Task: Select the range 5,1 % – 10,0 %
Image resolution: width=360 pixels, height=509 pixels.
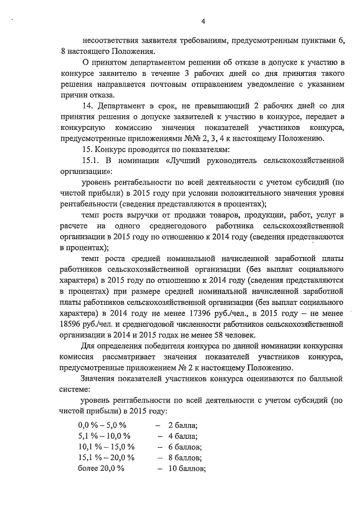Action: tap(105, 436)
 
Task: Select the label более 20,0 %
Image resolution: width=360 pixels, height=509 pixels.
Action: tap(101, 469)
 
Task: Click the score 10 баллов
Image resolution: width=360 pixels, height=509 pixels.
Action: tap(186, 469)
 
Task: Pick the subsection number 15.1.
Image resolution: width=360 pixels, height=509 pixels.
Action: tap(92, 161)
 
